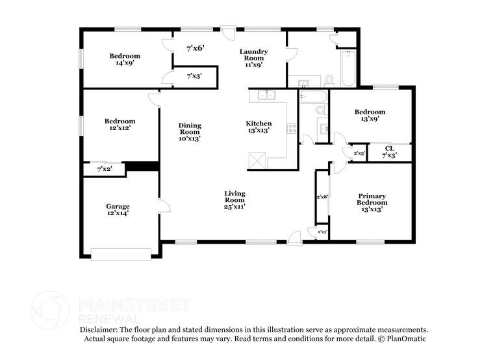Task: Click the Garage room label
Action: (x=118, y=210)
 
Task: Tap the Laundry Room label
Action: (x=253, y=58)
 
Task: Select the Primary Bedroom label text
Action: (x=372, y=203)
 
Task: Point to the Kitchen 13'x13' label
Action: (x=258, y=127)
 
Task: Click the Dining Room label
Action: (x=190, y=131)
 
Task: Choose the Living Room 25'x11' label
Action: (x=235, y=199)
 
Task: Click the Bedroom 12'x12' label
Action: (x=120, y=125)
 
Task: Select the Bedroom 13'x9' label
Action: (x=369, y=116)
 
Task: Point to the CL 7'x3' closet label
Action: (x=390, y=152)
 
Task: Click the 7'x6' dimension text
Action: (x=196, y=48)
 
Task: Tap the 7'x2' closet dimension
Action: (x=104, y=170)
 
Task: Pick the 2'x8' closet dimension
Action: (x=322, y=197)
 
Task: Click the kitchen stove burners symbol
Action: (x=292, y=128)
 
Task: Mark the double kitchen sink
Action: (x=266, y=96)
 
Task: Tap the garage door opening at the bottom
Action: (x=121, y=254)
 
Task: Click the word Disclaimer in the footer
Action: (x=102, y=330)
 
